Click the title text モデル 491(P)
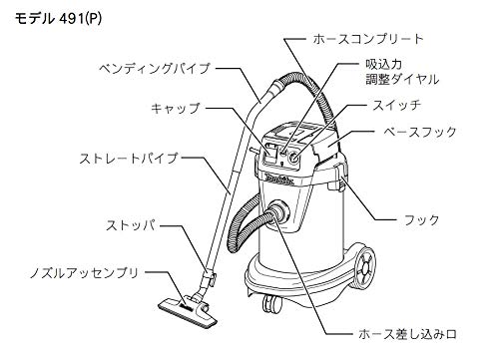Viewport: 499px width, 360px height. point(58,19)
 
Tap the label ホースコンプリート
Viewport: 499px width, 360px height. point(368,39)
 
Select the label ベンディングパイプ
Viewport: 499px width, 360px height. point(155,69)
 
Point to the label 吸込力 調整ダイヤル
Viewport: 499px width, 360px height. point(402,72)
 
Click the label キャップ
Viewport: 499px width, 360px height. point(175,108)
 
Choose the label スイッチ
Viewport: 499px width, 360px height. point(396,106)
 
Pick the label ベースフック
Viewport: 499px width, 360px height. point(420,132)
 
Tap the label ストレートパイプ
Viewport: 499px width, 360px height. point(129,159)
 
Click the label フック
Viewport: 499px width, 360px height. point(421,220)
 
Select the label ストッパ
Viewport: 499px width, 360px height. point(131,225)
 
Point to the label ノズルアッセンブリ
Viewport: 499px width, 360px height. point(84,273)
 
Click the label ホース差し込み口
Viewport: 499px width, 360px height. point(407,334)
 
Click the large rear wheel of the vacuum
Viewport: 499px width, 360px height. point(365,267)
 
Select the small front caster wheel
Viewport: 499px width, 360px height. point(271,303)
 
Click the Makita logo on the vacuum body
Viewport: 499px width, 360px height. point(279,180)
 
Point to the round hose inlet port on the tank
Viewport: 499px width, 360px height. point(278,212)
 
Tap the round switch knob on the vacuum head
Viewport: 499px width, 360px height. point(294,157)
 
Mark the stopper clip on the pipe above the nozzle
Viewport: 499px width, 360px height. point(210,276)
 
